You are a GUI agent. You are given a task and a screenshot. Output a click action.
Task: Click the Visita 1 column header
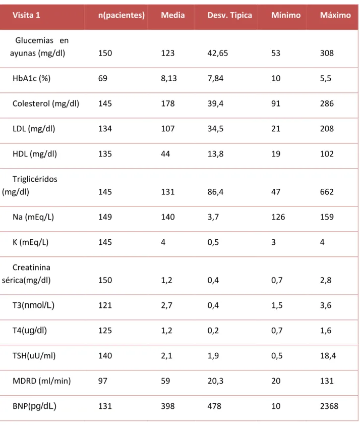click(26, 15)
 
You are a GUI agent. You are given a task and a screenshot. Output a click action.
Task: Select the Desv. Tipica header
click(229, 15)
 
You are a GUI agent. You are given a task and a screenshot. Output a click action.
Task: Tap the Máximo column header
click(335, 15)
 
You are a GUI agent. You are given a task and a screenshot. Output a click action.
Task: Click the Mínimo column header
click(286, 15)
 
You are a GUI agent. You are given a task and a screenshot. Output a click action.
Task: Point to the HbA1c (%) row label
click(31, 78)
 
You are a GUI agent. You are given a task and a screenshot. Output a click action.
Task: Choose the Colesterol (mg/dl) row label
click(46, 103)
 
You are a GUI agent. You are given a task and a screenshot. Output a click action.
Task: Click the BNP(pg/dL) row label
click(34, 406)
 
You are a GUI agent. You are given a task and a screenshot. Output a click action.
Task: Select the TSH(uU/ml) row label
click(34, 356)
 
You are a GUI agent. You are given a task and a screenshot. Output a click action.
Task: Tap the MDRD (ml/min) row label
click(41, 381)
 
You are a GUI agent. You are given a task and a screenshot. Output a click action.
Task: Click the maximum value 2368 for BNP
click(329, 406)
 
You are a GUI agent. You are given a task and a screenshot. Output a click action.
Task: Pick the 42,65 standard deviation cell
click(218, 53)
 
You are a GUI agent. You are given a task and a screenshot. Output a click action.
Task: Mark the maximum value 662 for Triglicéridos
click(327, 192)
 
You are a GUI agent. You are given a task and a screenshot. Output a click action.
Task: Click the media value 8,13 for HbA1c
click(168, 78)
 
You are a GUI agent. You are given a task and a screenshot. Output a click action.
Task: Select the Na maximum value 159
click(327, 217)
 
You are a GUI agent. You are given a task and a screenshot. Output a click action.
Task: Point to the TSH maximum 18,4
click(328, 356)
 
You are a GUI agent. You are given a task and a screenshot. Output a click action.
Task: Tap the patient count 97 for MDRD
click(102, 381)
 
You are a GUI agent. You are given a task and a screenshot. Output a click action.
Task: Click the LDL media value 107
click(168, 129)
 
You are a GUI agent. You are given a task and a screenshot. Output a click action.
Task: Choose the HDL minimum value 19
click(276, 154)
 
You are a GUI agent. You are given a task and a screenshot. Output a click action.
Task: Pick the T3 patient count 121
click(105, 305)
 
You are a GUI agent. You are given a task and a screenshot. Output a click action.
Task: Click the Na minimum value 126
click(278, 217)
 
